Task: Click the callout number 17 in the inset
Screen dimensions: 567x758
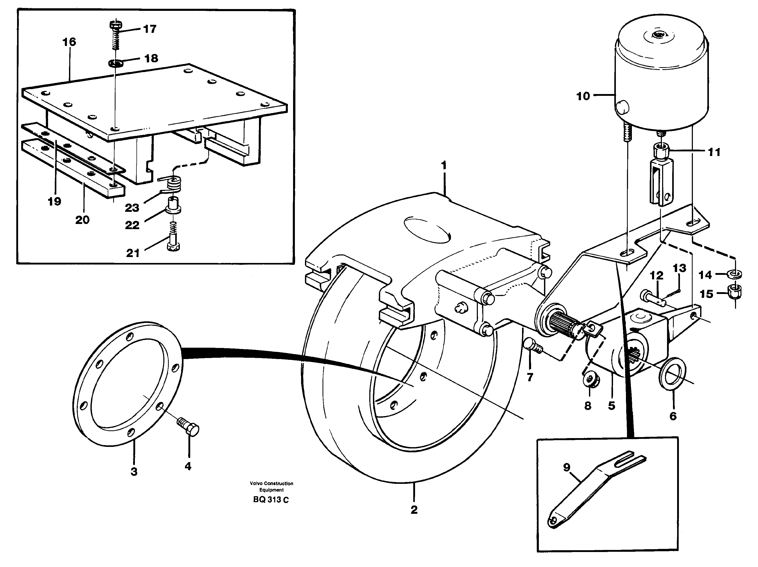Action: [150, 29]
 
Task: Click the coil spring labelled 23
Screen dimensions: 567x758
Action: [173, 185]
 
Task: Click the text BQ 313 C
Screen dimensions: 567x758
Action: [271, 500]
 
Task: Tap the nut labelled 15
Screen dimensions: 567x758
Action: [733, 292]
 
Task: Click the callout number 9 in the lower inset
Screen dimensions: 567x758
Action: [566, 467]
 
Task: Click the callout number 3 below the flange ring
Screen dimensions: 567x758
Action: [134, 472]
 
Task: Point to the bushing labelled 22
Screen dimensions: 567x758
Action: [173, 206]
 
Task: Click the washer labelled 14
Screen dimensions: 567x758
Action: [733, 274]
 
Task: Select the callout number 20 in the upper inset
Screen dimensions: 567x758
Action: [82, 220]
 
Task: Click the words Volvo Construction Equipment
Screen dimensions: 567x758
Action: [271, 486]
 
